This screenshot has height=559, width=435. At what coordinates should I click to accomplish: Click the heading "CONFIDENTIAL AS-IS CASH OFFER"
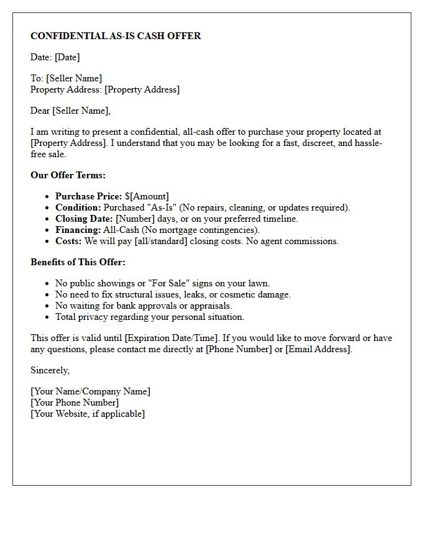tap(116, 36)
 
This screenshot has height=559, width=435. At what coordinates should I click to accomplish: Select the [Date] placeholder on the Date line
tap(67, 57)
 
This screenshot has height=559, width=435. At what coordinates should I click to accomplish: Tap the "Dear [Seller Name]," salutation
tap(70, 111)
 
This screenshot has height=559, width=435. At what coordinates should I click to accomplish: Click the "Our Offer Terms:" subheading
tap(68, 175)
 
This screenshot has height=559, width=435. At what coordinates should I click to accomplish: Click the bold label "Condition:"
tap(78, 207)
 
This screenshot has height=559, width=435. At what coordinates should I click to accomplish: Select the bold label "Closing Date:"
tap(84, 219)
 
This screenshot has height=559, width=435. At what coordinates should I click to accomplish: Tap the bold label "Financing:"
tap(78, 230)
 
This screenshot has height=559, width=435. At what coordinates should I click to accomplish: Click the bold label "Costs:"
tap(68, 241)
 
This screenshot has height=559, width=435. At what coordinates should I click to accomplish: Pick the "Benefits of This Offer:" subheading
tap(78, 262)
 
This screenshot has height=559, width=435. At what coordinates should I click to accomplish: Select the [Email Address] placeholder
tap(318, 349)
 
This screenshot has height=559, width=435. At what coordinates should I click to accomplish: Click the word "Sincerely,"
tap(50, 370)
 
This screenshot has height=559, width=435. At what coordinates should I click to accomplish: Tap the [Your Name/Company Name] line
tap(90, 391)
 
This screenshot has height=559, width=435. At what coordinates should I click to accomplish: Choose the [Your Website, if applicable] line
tap(88, 414)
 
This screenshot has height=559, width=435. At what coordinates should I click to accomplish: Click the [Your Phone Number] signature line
tap(75, 402)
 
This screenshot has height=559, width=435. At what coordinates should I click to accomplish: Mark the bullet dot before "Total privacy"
tap(48, 317)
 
